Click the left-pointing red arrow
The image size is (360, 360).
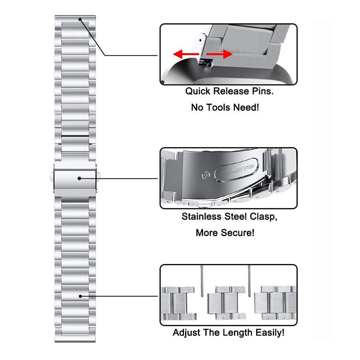(x=186, y=54)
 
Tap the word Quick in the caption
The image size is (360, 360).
(x=198, y=91)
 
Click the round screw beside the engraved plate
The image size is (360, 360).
(x=205, y=176)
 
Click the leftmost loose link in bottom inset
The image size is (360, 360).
(x=179, y=303)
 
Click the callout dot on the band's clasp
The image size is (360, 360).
(x=79, y=178)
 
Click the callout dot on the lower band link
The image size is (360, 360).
(x=80, y=296)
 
